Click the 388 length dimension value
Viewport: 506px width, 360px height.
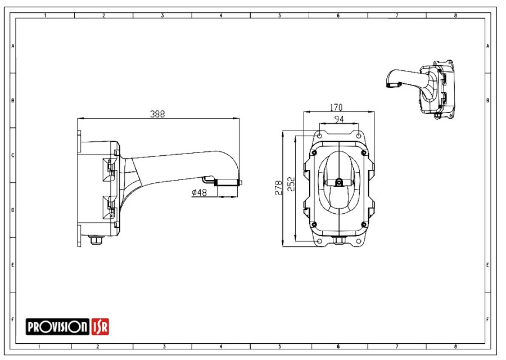[x=157, y=114]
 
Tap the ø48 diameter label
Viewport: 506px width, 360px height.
[x=199, y=193]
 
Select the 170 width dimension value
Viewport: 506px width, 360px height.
[x=336, y=107]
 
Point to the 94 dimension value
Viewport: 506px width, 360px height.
[x=339, y=119]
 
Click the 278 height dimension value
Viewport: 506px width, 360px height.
[x=278, y=188]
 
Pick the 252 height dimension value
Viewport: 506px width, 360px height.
[x=291, y=184]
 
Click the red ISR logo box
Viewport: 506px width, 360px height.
[x=100, y=326]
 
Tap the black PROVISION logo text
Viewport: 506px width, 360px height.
[x=57, y=327]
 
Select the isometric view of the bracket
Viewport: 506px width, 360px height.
[x=420, y=89]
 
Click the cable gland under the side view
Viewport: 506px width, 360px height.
[x=96, y=240]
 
